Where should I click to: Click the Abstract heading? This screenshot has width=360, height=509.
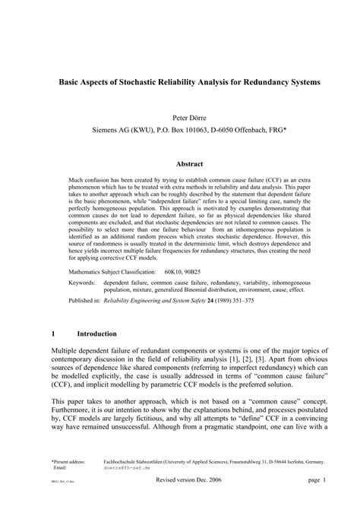click(189, 163)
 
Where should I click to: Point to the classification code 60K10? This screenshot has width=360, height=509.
click(172, 270)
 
